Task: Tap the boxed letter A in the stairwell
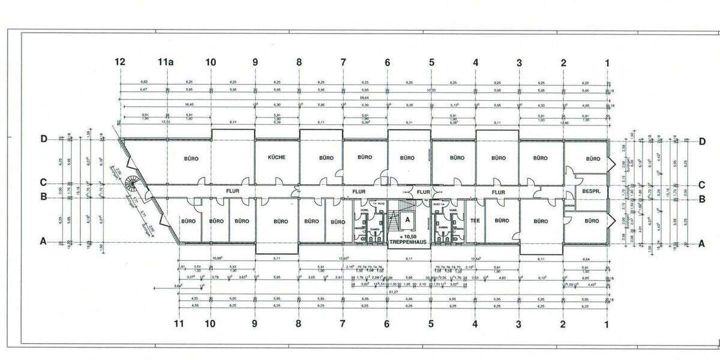(407, 220)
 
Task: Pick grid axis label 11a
(166, 62)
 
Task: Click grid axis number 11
(178, 325)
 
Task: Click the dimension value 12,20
(431, 90)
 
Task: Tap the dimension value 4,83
(496, 278)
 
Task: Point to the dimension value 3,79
(215, 278)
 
